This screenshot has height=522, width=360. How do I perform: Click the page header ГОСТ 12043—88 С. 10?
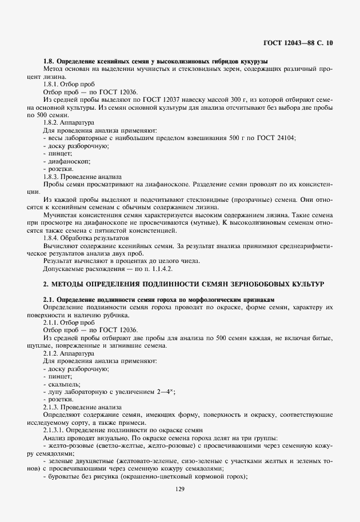299,42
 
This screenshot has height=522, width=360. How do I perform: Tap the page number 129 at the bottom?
180,489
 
